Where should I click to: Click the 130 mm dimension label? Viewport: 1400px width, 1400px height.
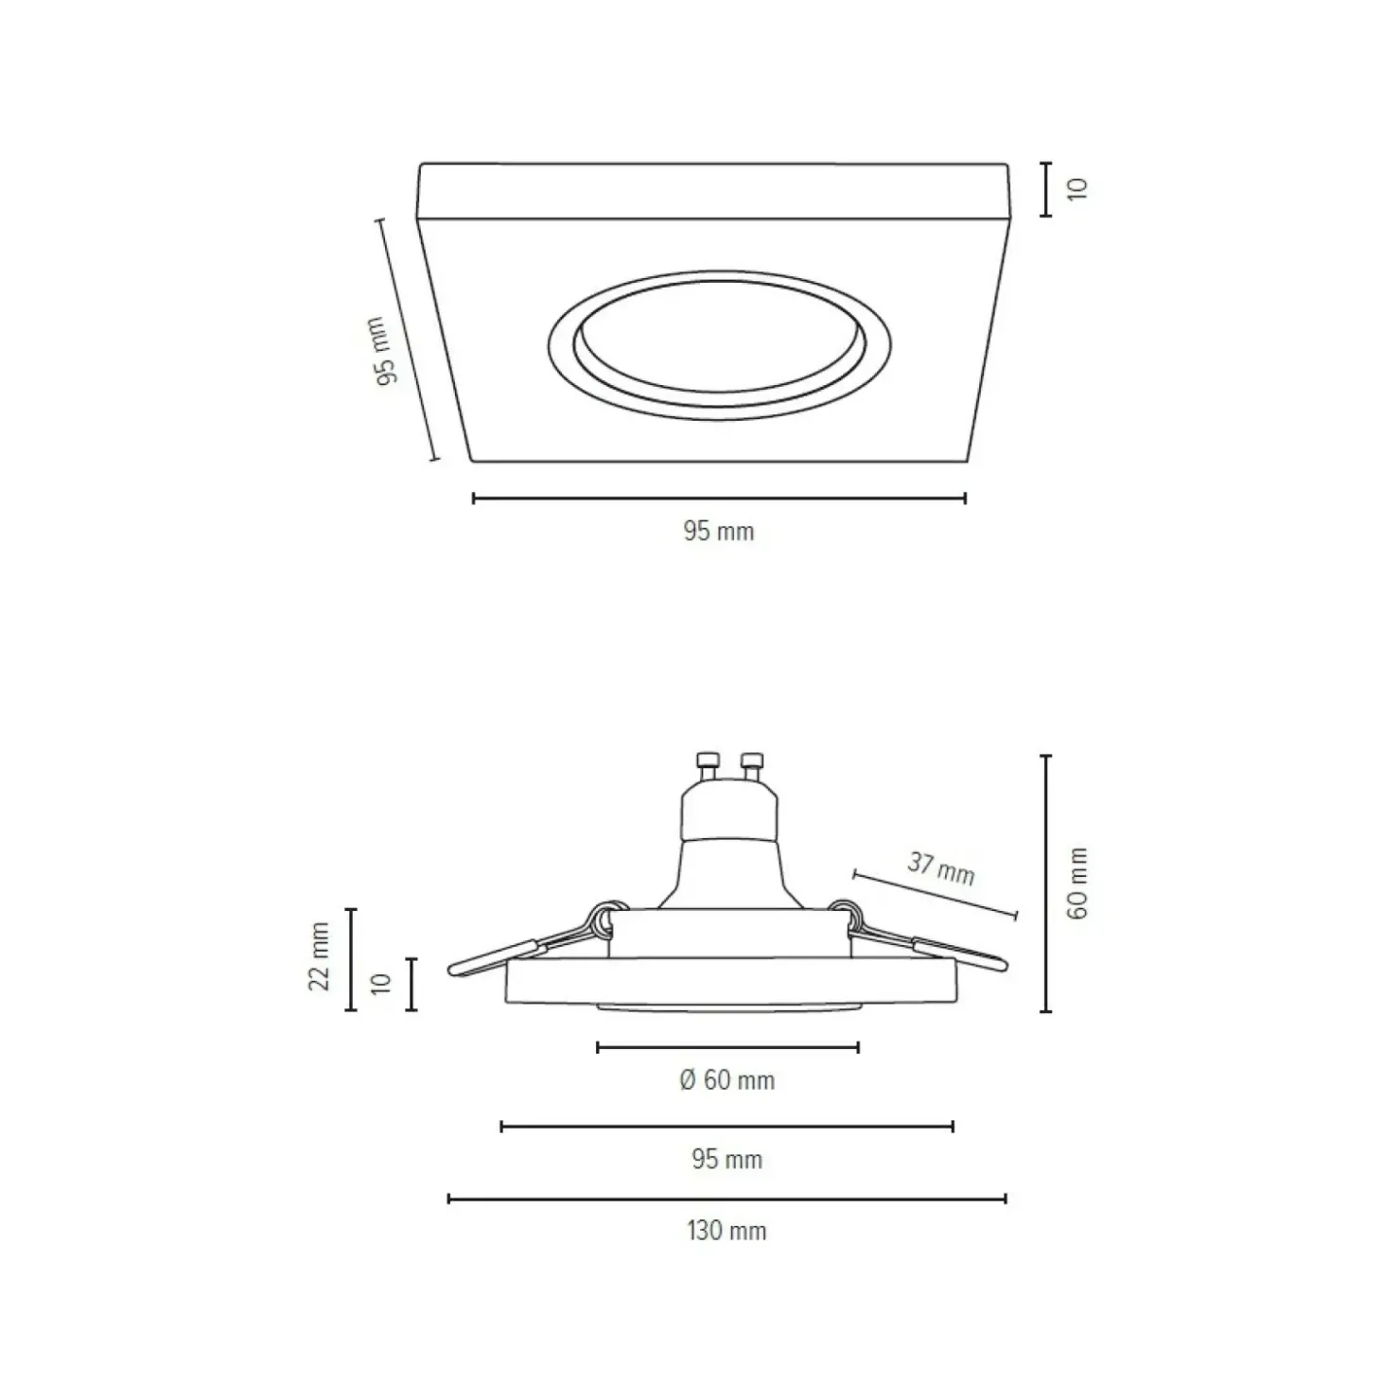click(726, 1231)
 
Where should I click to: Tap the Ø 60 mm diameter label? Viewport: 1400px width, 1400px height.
click(726, 1079)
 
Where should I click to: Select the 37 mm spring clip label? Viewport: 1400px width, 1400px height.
click(941, 867)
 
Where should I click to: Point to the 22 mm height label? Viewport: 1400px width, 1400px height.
click(321, 956)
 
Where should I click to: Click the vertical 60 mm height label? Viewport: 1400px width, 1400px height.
click(1077, 883)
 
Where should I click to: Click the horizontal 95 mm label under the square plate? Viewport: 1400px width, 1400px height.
click(719, 531)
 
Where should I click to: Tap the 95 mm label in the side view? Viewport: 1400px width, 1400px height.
click(726, 1159)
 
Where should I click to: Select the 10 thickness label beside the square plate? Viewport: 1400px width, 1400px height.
click(1078, 188)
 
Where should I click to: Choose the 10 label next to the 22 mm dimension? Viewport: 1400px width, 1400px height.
click(381, 984)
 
